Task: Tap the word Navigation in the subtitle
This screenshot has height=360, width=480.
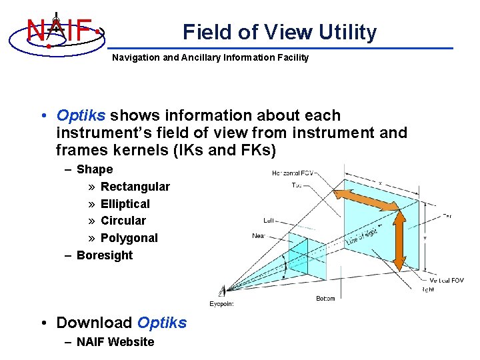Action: (x=135, y=57)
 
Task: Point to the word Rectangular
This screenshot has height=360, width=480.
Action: (x=135, y=187)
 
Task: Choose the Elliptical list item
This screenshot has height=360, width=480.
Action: (x=125, y=204)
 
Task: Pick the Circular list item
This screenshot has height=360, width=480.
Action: (x=123, y=221)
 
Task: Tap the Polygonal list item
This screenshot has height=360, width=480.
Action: (x=129, y=238)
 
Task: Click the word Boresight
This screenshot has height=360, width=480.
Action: (x=105, y=255)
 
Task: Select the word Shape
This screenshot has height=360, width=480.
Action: (x=95, y=169)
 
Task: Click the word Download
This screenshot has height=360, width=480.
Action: (x=94, y=323)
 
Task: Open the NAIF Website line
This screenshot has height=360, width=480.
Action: (x=115, y=342)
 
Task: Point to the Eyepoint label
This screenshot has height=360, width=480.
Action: (x=221, y=304)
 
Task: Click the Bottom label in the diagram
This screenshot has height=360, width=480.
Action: (x=325, y=299)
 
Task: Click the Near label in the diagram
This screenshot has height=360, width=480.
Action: (x=259, y=235)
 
